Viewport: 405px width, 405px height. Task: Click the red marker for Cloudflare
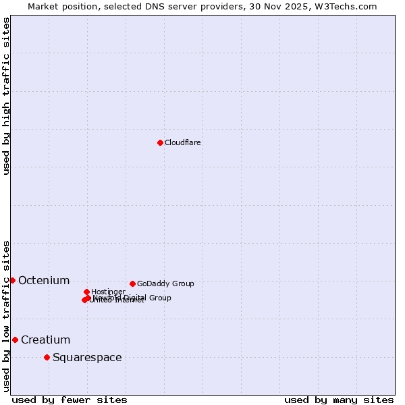tap(160, 142)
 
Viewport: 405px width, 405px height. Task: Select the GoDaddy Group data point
tap(132, 283)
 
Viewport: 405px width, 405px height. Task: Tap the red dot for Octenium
tap(12, 280)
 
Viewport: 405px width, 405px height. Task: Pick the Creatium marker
tap(15, 340)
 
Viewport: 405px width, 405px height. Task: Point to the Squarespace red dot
tap(47, 357)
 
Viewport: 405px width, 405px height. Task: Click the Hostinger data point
tap(86, 292)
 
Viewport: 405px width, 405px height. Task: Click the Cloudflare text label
tap(183, 142)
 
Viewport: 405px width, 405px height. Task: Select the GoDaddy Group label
tap(165, 283)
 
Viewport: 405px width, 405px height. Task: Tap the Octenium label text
tap(44, 280)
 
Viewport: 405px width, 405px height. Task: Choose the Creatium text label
tap(45, 340)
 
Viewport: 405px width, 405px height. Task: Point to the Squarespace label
tap(87, 357)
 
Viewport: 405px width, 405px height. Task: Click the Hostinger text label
tap(108, 292)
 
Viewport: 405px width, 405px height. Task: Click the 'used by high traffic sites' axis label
tap(6, 96)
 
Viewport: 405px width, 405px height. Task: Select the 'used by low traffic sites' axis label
tap(6, 315)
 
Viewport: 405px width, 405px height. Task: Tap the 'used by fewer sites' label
tap(70, 400)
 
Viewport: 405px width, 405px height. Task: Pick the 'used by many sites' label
tap(339, 400)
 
